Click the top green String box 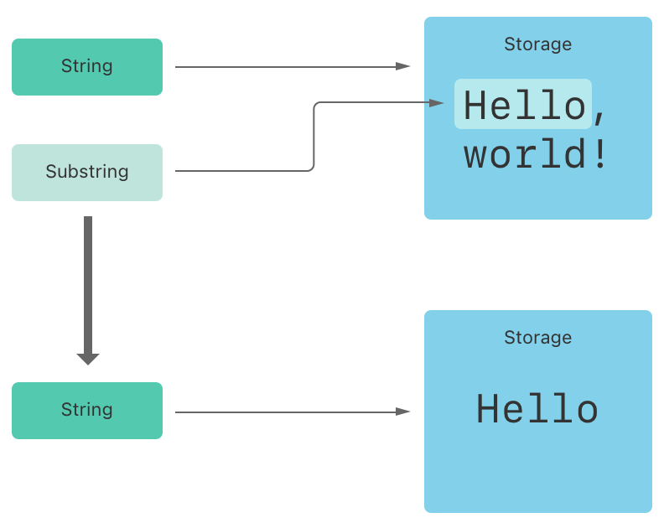pyautogui.click(x=87, y=67)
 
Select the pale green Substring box pyautogui.click(x=87, y=173)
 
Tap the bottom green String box pyautogui.click(x=87, y=411)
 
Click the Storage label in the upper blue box pyautogui.click(x=537, y=44)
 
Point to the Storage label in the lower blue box pyautogui.click(x=537, y=338)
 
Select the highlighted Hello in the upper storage pyautogui.click(x=523, y=106)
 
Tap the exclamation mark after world pyautogui.click(x=599, y=156)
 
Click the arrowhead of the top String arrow pyautogui.click(x=404, y=66)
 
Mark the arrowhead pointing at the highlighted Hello pyautogui.click(x=436, y=103)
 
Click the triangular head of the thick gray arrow pyautogui.click(x=88, y=359)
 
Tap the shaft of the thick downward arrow pyautogui.click(x=88, y=285)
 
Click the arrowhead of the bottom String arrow pyautogui.click(x=404, y=412)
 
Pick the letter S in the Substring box pyautogui.click(x=50, y=172)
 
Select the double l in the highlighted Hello pyautogui.click(x=537, y=106)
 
